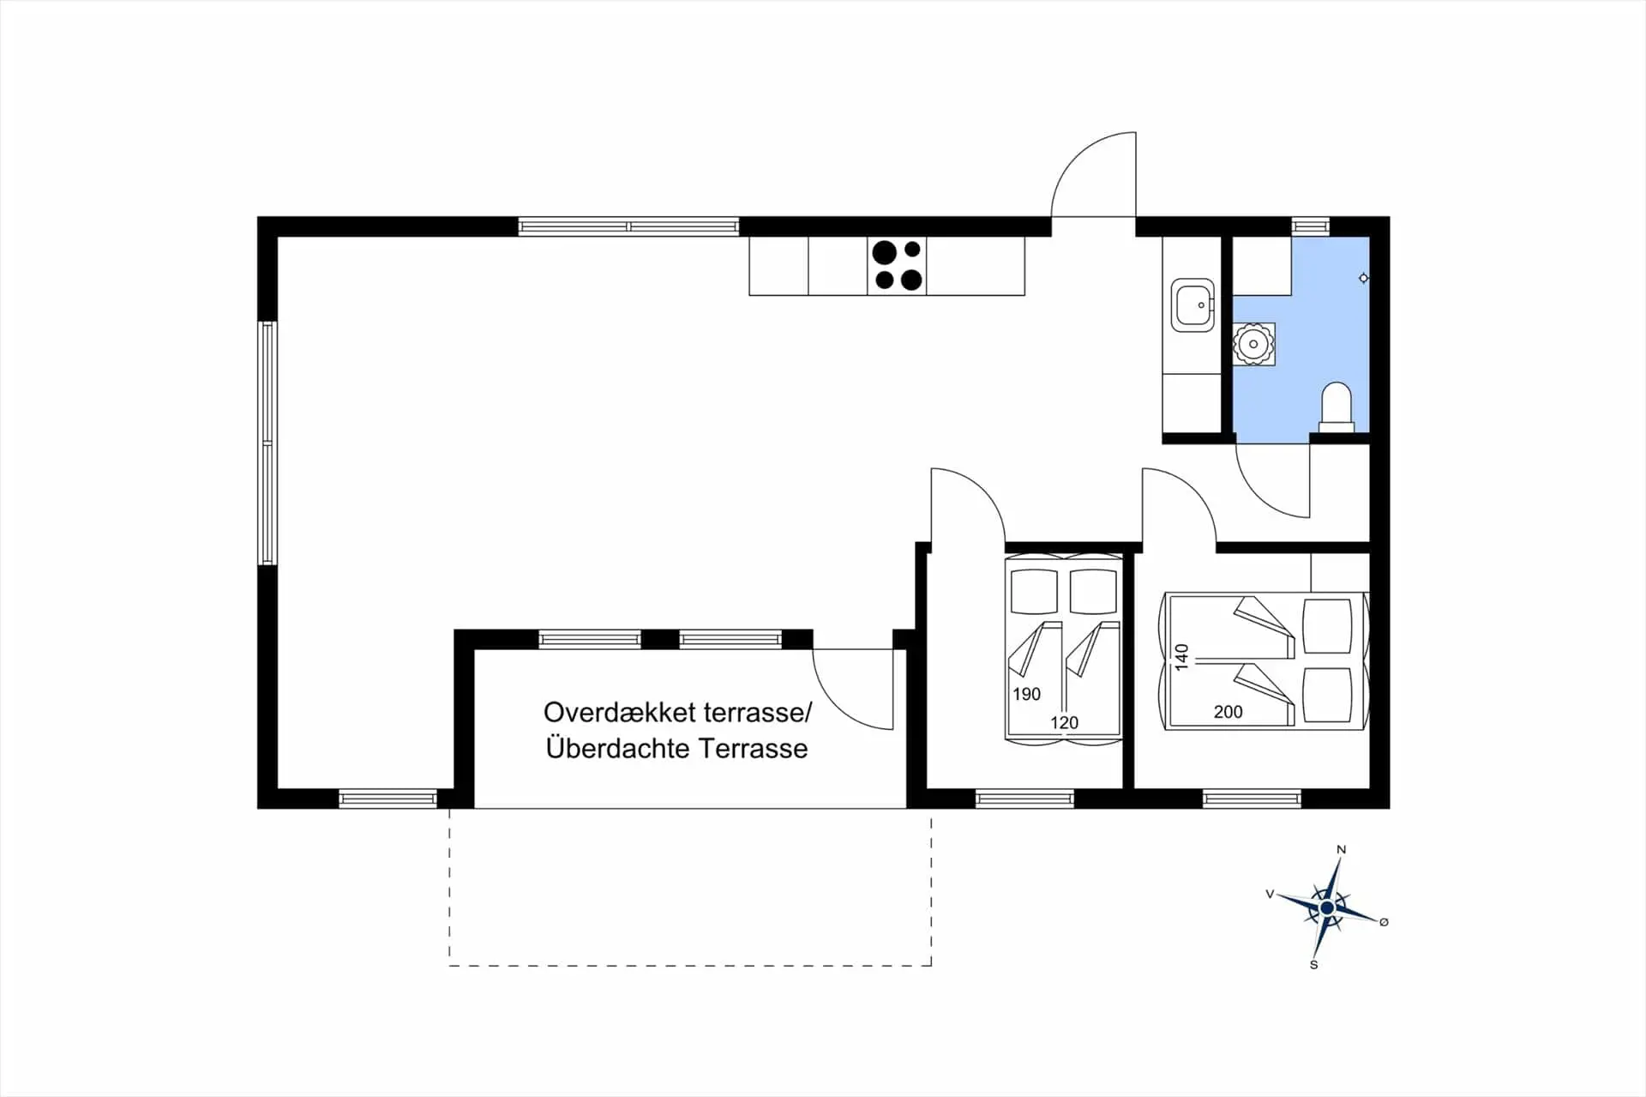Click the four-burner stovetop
pyautogui.click(x=897, y=265)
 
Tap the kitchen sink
pyautogui.click(x=1192, y=304)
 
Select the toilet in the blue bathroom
pyautogui.click(x=1337, y=407)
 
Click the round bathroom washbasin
pyautogui.click(x=1253, y=344)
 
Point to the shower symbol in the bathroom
pyautogui.click(x=1363, y=278)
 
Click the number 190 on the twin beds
pyautogui.click(x=1026, y=694)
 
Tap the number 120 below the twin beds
pyautogui.click(x=1064, y=723)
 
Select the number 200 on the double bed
pyautogui.click(x=1228, y=712)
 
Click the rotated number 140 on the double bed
pyautogui.click(x=1182, y=657)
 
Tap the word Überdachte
pyautogui.click(x=619, y=749)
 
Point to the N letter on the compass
pyautogui.click(x=1342, y=850)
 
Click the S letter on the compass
pyautogui.click(x=1313, y=965)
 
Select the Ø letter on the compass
pyautogui.click(x=1384, y=922)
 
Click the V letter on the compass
pyautogui.click(x=1270, y=894)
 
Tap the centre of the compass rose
pyautogui.click(x=1327, y=907)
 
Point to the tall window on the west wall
pyautogui.click(x=267, y=443)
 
